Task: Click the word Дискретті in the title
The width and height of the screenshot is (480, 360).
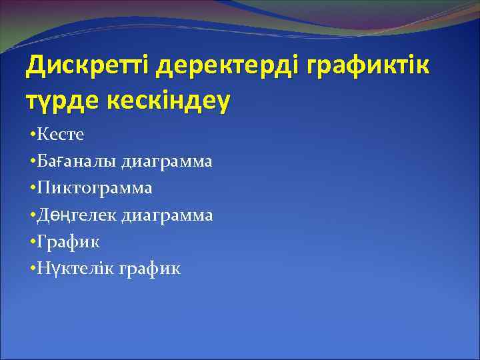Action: (x=89, y=66)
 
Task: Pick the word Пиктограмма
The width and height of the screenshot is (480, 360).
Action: (x=95, y=188)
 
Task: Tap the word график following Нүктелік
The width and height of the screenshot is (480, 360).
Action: (x=150, y=269)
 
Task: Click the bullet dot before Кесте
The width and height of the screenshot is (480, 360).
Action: (x=33, y=135)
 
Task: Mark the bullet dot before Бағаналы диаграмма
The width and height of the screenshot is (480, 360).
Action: (x=33, y=162)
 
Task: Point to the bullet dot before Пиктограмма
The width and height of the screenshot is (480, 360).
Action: (x=33, y=189)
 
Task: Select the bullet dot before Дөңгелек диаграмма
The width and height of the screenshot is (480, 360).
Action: (x=33, y=215)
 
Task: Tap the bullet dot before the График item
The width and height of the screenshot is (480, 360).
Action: (x=33, y=242)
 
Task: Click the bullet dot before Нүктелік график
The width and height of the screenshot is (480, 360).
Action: (x=33, y=269)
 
